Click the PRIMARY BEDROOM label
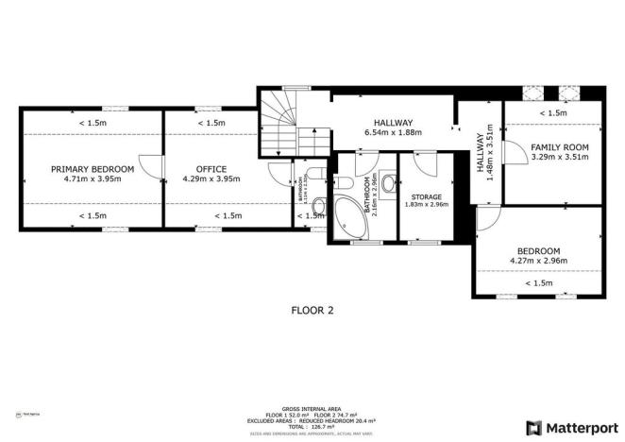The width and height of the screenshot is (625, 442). [93, 169]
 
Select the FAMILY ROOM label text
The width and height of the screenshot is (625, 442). [559, 147]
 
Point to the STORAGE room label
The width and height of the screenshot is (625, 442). [426, 195]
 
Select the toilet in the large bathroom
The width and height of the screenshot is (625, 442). [345, 181]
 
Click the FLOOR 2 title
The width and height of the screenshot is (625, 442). [312, 309]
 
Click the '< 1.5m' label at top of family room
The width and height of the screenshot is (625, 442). [553, 113]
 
